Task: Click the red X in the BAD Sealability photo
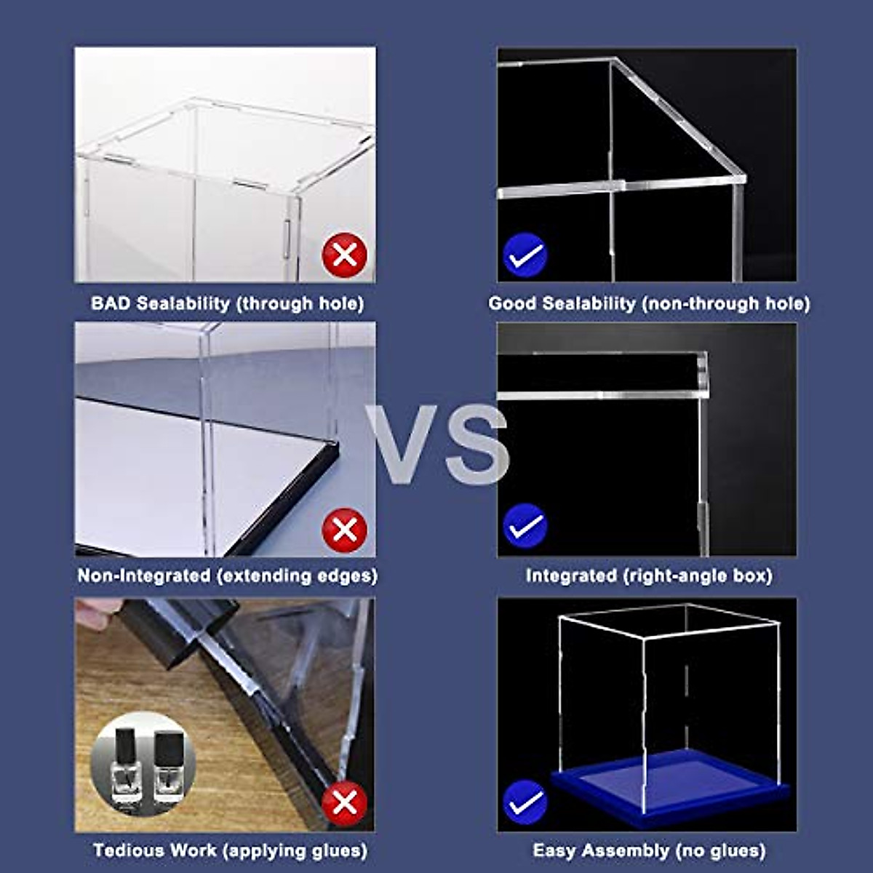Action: coord(344,255)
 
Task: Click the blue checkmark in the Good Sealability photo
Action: coord(525,255)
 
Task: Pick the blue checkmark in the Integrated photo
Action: coord(525,525)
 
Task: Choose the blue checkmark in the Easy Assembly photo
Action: coord(525,802)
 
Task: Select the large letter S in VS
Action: coord(474,445)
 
